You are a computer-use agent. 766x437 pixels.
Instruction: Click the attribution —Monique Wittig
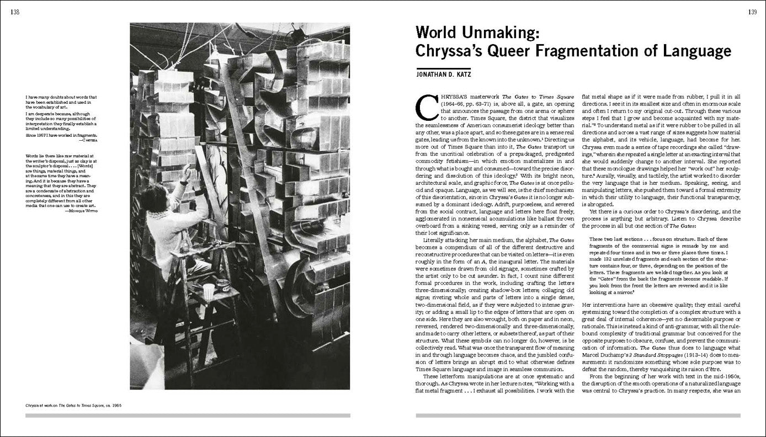[81, 211]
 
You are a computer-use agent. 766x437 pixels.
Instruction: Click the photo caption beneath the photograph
[73, 405]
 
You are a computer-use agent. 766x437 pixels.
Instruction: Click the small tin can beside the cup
[223, 284]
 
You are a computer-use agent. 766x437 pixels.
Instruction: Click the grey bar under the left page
[188, 415]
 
